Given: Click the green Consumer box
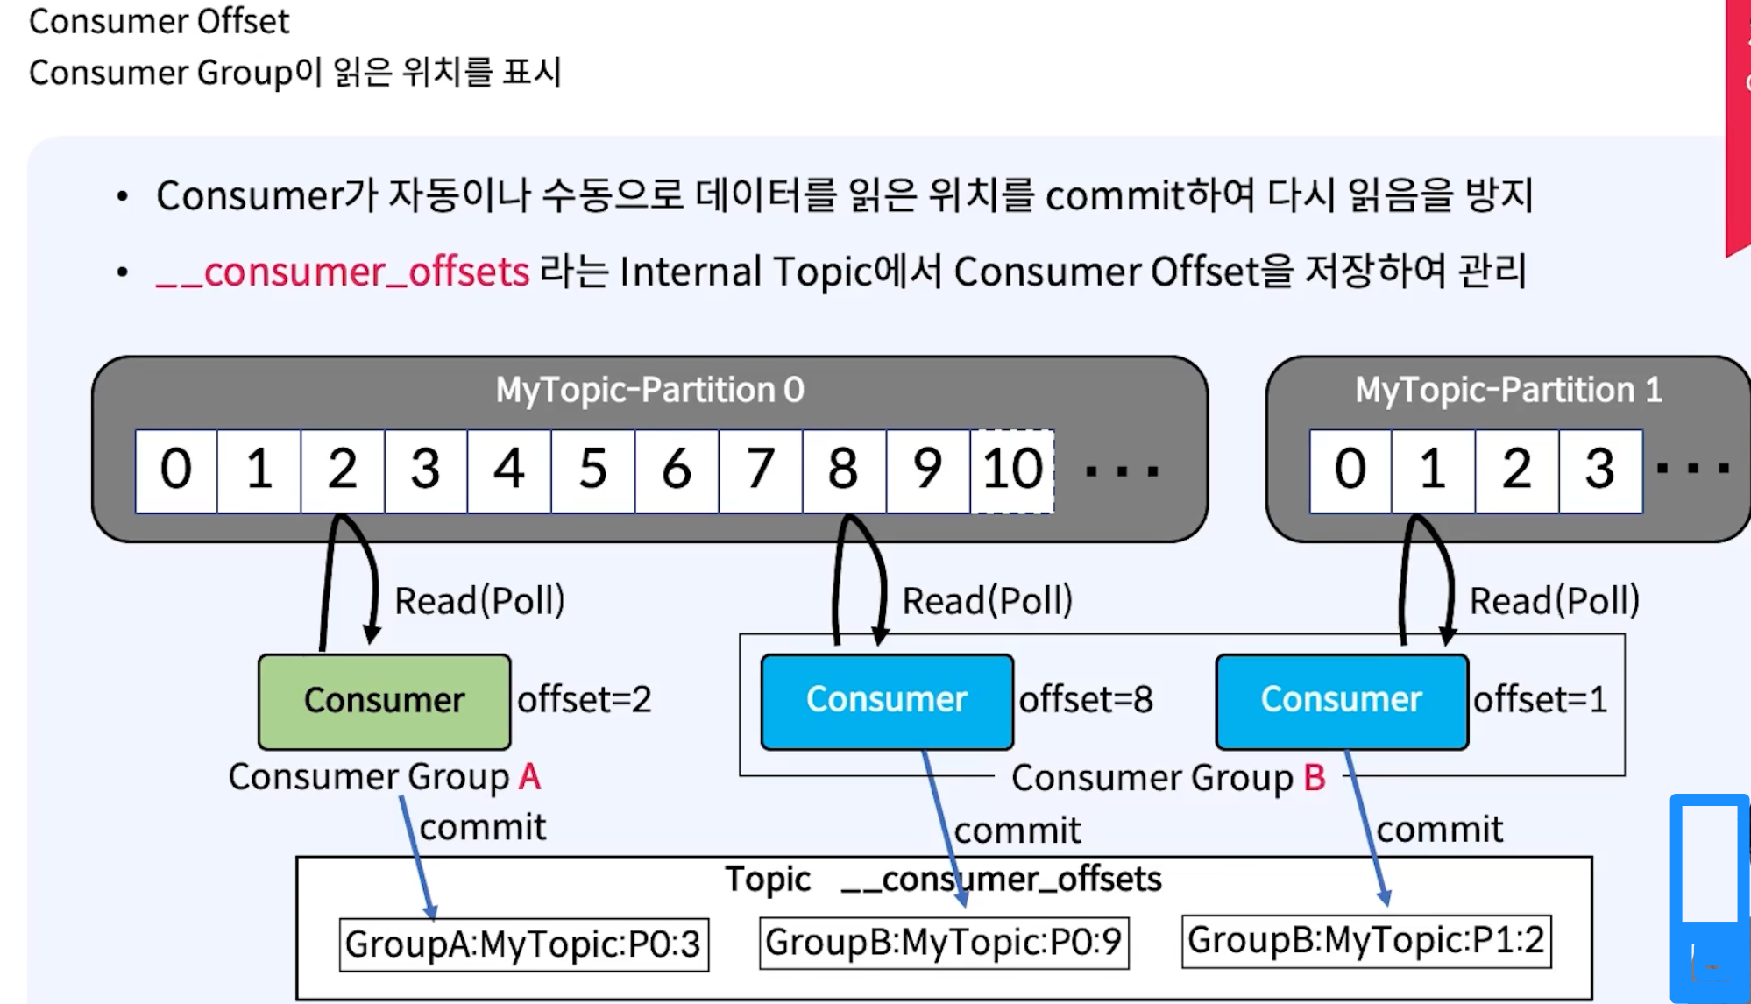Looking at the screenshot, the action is pyautogui.click(x=384, y=701).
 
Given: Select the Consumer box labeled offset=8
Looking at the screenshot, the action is pyautogui.click(x=887, y=701).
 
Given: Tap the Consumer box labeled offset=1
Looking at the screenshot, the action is pyautogui.click(x=1341, y=701).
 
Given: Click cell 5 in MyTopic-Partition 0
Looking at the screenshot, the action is pyautogui.click(x=592, y=470).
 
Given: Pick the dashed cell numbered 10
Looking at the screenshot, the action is pyautogui.click(x=1012, y=470).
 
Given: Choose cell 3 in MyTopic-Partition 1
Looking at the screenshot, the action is pyautogui.click(x=1600, y=470).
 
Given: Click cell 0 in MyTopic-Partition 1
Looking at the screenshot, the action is pyautogui.click(x=1350, y=470).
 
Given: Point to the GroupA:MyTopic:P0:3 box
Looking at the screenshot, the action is pyautogui.click(x=523, y=944).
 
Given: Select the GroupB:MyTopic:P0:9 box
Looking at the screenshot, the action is pyautogui.click(x=944, y=943).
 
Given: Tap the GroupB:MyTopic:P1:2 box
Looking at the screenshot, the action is pyautogui.click(x=1366, y=941).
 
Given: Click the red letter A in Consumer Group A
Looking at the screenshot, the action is pyautogui.click(x=529, y=777).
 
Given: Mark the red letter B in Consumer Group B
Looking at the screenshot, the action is pyautogui.click(x=1315, y=778).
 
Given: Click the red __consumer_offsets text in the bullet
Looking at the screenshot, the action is pyautogui.click(x=343, y=272).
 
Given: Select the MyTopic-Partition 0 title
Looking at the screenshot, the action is pyautogui.click(x=649, y=390).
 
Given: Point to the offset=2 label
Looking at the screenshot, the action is pyautogui.click(x=585, y=700).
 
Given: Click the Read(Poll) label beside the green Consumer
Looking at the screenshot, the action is pyautogui.click(x=479, y=601).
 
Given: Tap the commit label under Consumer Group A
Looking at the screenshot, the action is pyautogui.click(x=483, y=827).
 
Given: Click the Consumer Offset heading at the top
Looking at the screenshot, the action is pyautogui.click(x=159, y=21).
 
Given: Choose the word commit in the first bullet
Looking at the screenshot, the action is pyautogui.click(x=1115, y=195).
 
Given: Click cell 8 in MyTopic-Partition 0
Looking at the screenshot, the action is pyautogui.click(x=843, y=470).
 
